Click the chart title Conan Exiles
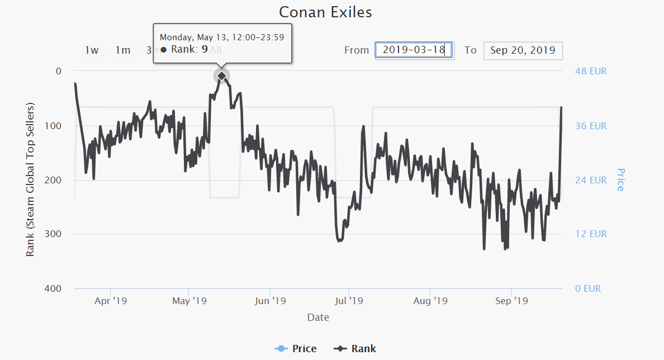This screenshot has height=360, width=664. [x=325, y=12]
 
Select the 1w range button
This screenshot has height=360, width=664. [x=92, y=50]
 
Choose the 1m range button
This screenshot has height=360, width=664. [x=123, y=50]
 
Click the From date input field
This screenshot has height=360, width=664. [x=414, y=50]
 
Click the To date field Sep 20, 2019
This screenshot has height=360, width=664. [x=523, y=50]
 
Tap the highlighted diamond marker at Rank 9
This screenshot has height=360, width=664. [x=222, y=75]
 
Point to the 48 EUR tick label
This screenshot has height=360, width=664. [x=591, y=72]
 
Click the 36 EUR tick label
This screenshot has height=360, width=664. [x=591, y=126]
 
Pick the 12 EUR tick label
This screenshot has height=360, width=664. [x=591, y=234]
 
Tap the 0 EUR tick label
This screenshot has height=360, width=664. [x=588, y=289]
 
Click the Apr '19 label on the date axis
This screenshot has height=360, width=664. [x=111, y=301]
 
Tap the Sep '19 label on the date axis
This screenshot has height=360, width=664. [x=511, y=301]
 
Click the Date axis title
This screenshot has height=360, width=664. [x=318, y=318]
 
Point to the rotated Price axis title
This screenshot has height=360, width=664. [x=620, y=179]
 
